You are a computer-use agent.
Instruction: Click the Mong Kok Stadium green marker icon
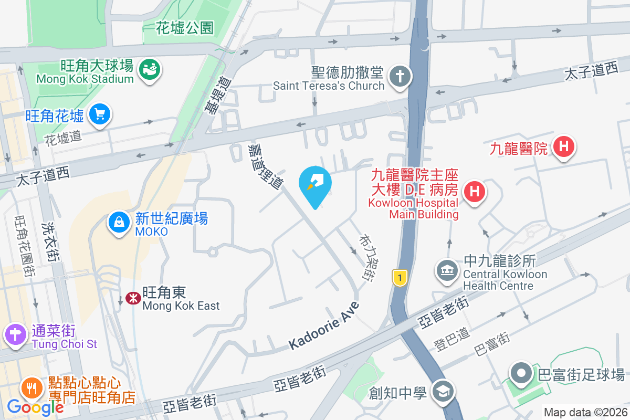(x=150, y=69)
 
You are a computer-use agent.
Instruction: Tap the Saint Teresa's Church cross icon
(x=400, y=76)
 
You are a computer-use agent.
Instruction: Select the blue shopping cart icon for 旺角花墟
(x=99, y=115)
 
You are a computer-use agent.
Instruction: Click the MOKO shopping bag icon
(x=119, y=222)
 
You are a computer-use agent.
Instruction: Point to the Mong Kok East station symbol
(x=133, y=298)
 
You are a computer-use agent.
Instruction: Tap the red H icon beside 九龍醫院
(x=564, y=146)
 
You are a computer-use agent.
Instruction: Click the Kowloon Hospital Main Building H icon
(x=474, y=191)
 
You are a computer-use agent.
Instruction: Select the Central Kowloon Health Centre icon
(x=447, y=271)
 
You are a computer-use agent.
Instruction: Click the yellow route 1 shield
(x=400, y=278)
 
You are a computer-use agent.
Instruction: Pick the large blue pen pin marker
(x=315, y=184)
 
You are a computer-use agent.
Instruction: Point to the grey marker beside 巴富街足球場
(x=522, y=374)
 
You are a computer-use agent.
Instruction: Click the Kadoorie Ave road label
(x=324, y=326)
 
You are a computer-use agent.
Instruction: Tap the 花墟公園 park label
(x=185, y=28)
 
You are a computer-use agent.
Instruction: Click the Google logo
(x=35, y=407)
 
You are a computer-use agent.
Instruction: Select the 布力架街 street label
(x=366, y=257)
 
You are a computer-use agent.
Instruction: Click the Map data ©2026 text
(x=585, y=413)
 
